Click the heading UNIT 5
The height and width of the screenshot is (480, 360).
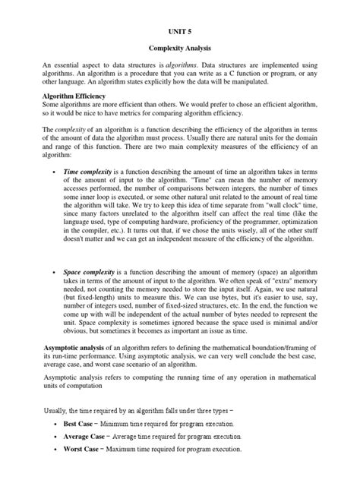179,33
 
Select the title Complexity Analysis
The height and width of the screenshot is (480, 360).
179,48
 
